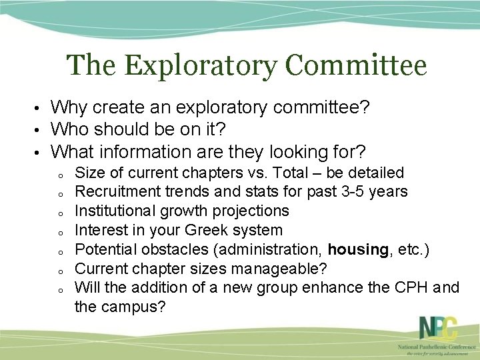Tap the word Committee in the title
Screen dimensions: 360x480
point(356,67)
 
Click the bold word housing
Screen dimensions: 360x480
point(357,249)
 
